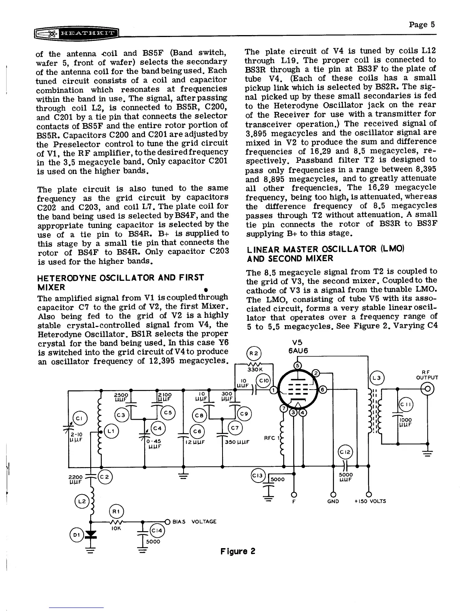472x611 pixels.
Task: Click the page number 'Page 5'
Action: [422, 25]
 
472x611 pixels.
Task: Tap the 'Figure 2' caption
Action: [238, 551]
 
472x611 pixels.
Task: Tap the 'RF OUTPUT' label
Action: [427, 375]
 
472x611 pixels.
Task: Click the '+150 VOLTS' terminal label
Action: [370, 501]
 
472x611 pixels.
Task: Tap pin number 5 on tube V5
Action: [297, 365]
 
